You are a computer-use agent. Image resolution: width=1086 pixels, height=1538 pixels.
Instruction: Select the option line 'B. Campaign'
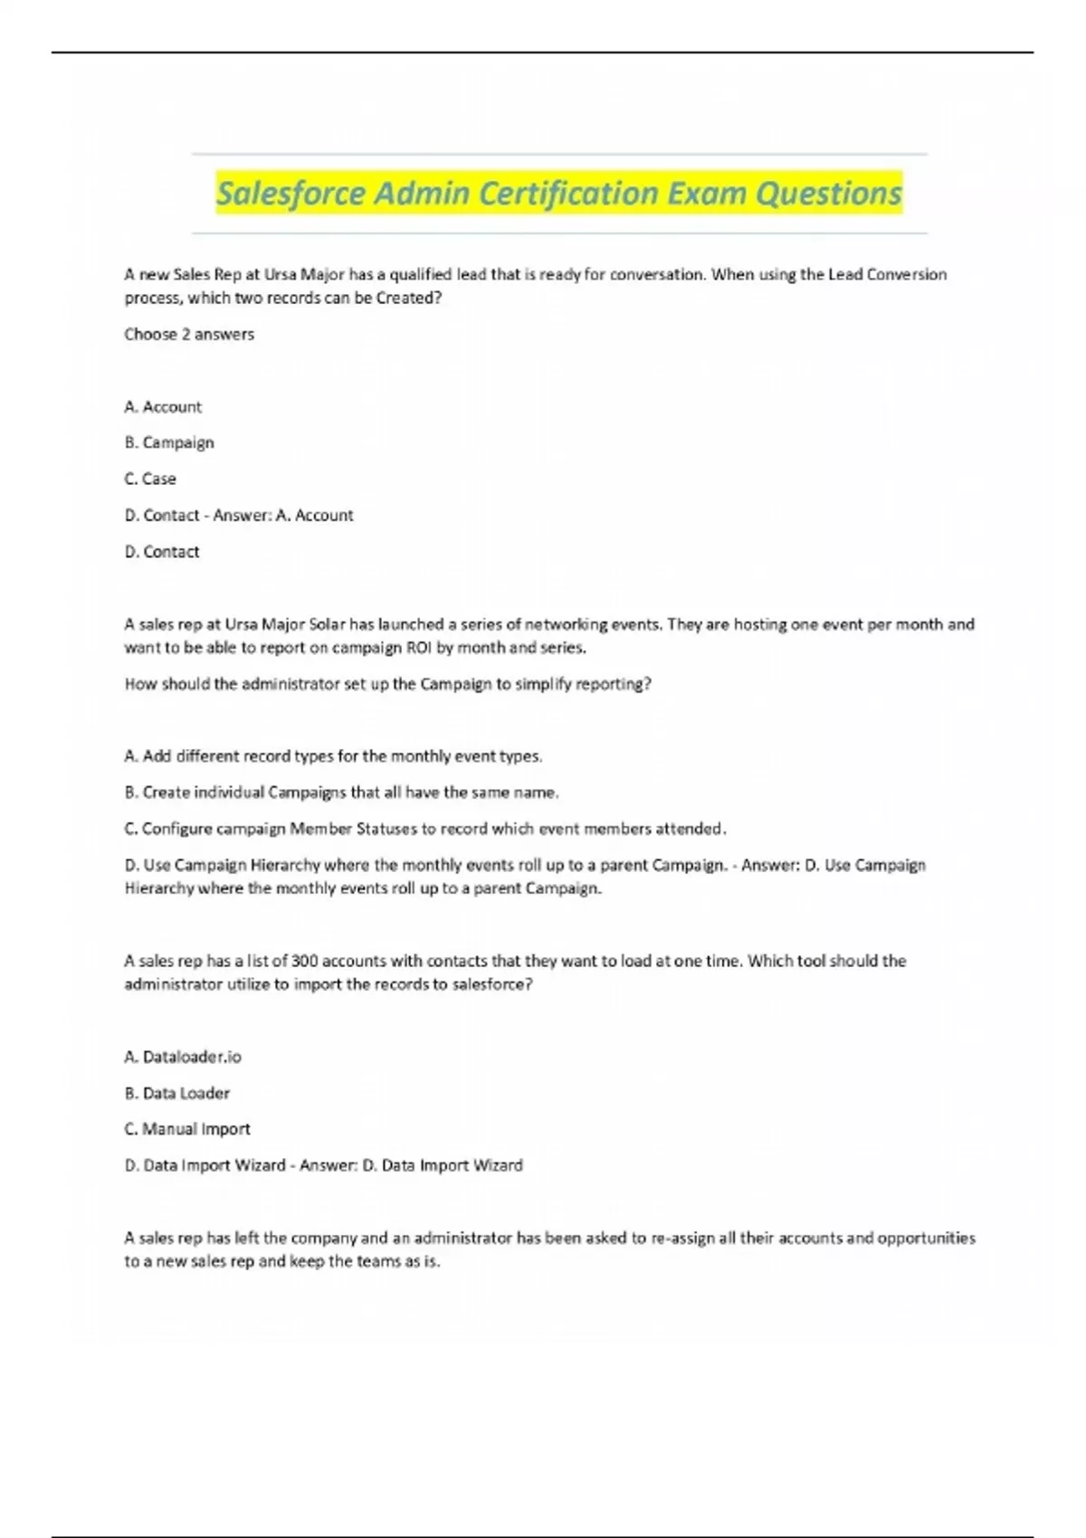tap(169, 442)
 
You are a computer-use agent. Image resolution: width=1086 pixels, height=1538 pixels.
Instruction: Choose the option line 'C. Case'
tap(150, 479)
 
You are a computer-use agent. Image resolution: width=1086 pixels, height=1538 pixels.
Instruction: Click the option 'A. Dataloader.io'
tap(183, 1057)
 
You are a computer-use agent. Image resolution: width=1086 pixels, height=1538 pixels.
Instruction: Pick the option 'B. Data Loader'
tap(177, 1093)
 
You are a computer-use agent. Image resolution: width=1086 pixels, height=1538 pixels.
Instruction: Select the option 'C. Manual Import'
tap(187, 1129)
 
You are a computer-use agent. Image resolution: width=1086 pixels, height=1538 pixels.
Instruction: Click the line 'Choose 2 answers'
tap(189, 334)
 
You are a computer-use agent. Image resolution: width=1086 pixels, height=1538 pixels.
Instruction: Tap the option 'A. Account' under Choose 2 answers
tap(163, 407)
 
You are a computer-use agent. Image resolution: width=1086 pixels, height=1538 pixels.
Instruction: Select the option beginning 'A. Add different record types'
tap(333, 756)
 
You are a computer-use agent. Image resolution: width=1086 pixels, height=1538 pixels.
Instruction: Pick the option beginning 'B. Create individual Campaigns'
tap(341, 793)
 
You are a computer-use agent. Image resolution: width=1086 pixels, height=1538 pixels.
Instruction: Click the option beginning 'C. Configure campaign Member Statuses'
tap(425, 829)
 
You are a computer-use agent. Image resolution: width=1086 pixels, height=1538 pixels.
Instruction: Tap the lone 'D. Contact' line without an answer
tap(162, 552)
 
